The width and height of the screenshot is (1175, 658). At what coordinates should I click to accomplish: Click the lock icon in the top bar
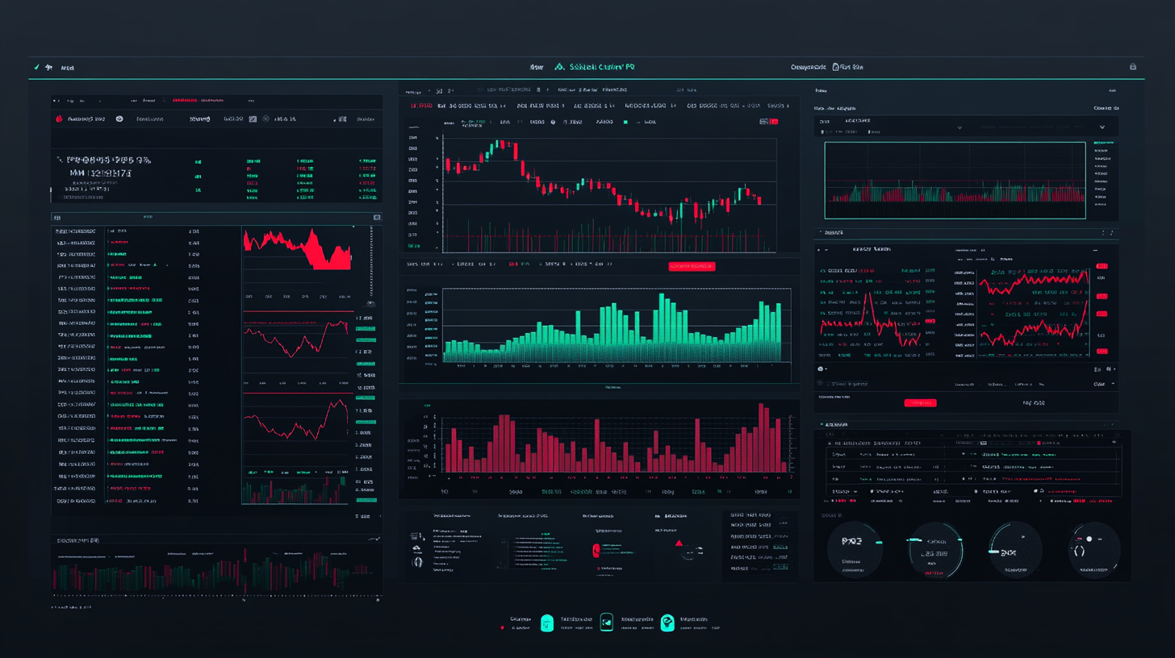click(x=1133, y=67)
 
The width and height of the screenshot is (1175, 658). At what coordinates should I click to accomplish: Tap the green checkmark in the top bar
click(x=36, y=68)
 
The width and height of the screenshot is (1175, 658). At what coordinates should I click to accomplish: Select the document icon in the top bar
click(x=835, y=68)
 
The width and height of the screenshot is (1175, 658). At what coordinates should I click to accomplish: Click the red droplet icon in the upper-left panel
click(x=58, y=119)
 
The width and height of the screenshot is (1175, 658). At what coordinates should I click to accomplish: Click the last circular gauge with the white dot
click(x=1094, y=549)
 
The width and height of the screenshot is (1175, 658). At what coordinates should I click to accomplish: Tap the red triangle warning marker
click(x=679, y=543)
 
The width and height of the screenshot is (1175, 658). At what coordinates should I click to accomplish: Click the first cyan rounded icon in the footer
click(x=547, y=623)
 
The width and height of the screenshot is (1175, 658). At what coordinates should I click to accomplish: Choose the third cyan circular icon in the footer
click(x=667, y=623)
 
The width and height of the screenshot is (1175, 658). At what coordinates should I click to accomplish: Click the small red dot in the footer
click(x=502, y=627)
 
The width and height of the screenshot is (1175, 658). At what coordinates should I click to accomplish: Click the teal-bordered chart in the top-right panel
click(x=955, y=180)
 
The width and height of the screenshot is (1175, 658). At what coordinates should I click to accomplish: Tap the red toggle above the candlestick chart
click(x=763, y=121)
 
